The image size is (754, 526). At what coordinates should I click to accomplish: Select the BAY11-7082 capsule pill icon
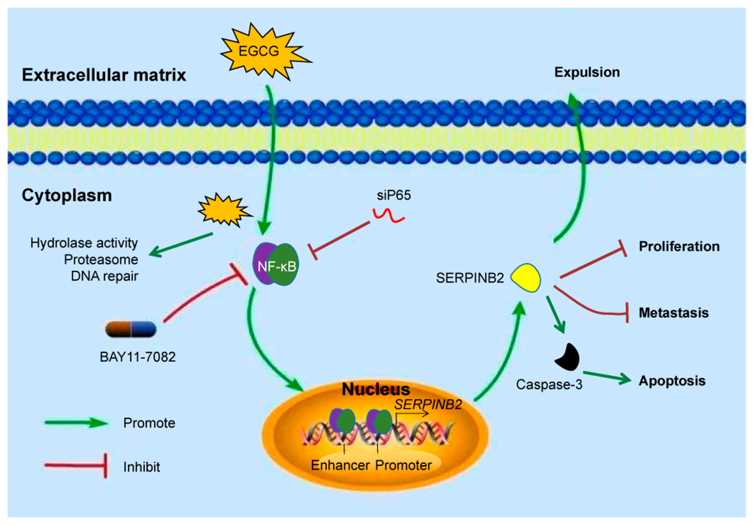tap(131, 329)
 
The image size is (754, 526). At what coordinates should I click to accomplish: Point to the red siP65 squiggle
tap(388, 216)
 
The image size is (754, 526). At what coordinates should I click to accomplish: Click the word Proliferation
tap(679, 247)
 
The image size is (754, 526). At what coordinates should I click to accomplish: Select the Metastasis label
tap(673, 313)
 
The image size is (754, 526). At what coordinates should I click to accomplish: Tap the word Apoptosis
tap(672, 381)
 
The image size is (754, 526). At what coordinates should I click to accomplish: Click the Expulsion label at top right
tap(587, 73)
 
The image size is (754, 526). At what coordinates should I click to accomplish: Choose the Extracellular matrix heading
tap(104, 75)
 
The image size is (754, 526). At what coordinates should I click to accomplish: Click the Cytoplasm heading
tap(67, 196)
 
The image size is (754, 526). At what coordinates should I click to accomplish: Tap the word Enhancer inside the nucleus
tap(340, 465)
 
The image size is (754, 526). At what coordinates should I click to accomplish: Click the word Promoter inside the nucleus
tap(403, 465)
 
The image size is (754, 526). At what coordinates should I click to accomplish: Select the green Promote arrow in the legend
tap(76, 423)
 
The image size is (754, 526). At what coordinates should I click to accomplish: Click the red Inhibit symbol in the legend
tap(76, 466)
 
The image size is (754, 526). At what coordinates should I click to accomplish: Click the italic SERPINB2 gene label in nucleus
tap(428, 405)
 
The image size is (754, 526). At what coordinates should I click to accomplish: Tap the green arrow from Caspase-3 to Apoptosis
tap(607, 377)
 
